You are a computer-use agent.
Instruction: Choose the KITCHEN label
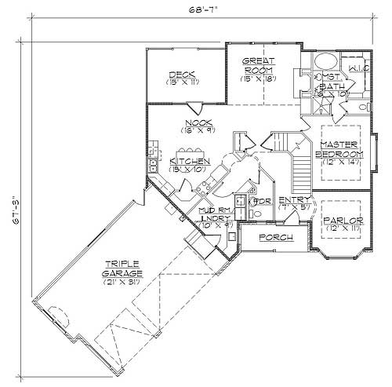[189, 161]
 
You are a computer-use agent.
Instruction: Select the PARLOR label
[343, 221]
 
